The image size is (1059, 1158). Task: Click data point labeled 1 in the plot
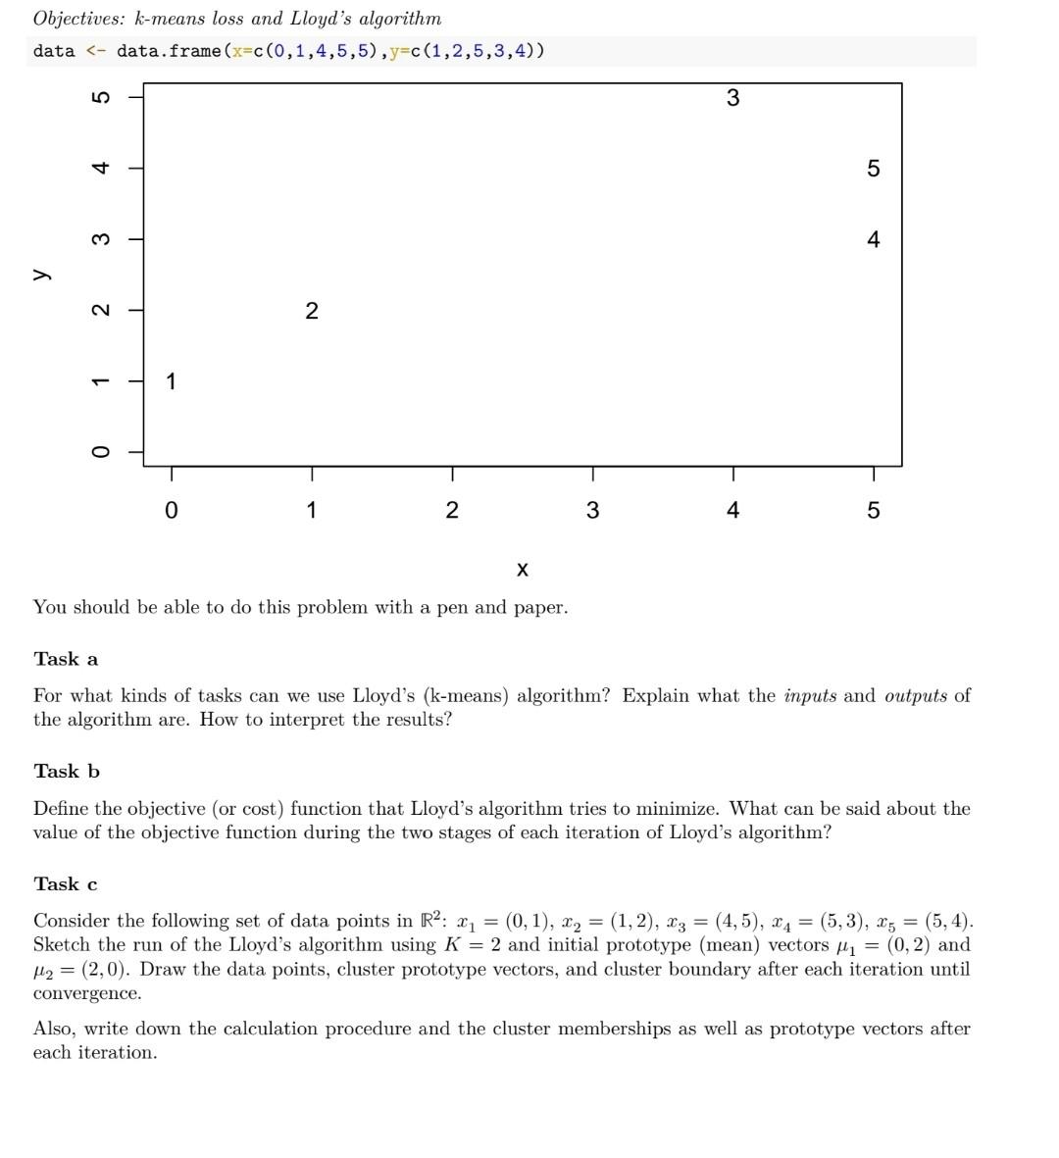click(x=172, y=381)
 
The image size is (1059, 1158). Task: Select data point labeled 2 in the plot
click(x=312, y=311)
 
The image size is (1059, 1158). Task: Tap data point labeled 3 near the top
click(x=732, y=97)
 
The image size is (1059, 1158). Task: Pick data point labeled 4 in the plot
click(x=874, y=239)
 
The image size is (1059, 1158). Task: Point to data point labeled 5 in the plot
click(x=874, y=169)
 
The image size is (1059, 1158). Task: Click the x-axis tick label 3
click(x=592, y=510)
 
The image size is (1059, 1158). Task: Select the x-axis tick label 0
click(x=172, y=510)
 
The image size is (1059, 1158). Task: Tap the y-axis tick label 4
click(x=99, y=168)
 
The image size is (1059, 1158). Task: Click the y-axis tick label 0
click(x=99, y=452)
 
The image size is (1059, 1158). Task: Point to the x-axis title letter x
click(x=522, y=569)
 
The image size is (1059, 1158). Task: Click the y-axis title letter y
click(x=40, y=275)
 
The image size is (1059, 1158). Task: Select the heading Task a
click(x=66, y=659)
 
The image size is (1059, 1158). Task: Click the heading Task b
click(x=67, y=772)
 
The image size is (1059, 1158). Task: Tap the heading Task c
click(x=66, y=884)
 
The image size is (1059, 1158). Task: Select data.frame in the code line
click(x=169, y=51)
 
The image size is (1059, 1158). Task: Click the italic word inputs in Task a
click(x=810, y=696)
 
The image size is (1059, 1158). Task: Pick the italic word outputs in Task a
click(x=916, y=696)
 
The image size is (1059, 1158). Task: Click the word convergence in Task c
click(x=86, y=993)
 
